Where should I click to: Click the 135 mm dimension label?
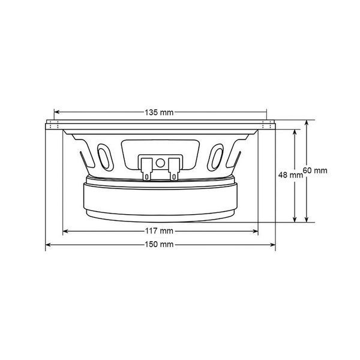pyautogui.click(x=159, y=113)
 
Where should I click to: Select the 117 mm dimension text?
pyautogui.click(x=159, y=231)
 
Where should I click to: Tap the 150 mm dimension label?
pyautogui.click(x=159, y=245)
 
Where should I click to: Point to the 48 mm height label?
pyautogui.click(x=290, y=175)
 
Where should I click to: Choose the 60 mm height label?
pyautogui.click(x=315, y=170)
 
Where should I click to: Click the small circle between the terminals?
pyautogui.click(x=160, y=163)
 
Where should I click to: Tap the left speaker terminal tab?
pyautogui.click(x=146, y=169)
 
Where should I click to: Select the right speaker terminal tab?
pyautogui.click(x=174, y=169)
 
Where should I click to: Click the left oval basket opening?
pyautogui.click(x=105, y=157)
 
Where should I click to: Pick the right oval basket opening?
pyautogui.click(x=215, y=157)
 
